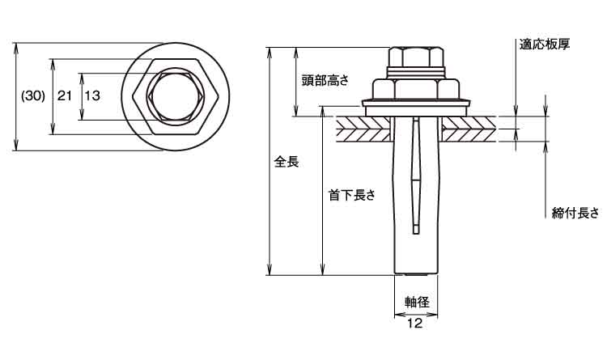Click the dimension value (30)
[33, 96]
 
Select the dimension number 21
[65, 95]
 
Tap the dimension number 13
[92, 95]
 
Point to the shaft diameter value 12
[414, 323]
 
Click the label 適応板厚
[545, 44]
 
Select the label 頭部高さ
[325, 80]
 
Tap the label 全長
[287, 161]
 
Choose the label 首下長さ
[352, 195]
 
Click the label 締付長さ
[575, 213]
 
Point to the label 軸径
[418, 302]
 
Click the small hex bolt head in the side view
[416, 57]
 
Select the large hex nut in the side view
[416, 89]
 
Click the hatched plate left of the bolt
[363, 129]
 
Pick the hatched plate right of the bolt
[469, 129]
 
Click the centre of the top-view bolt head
[176, 96]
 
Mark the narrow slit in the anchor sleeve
[416, 175]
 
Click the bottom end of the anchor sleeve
[416, 275]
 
